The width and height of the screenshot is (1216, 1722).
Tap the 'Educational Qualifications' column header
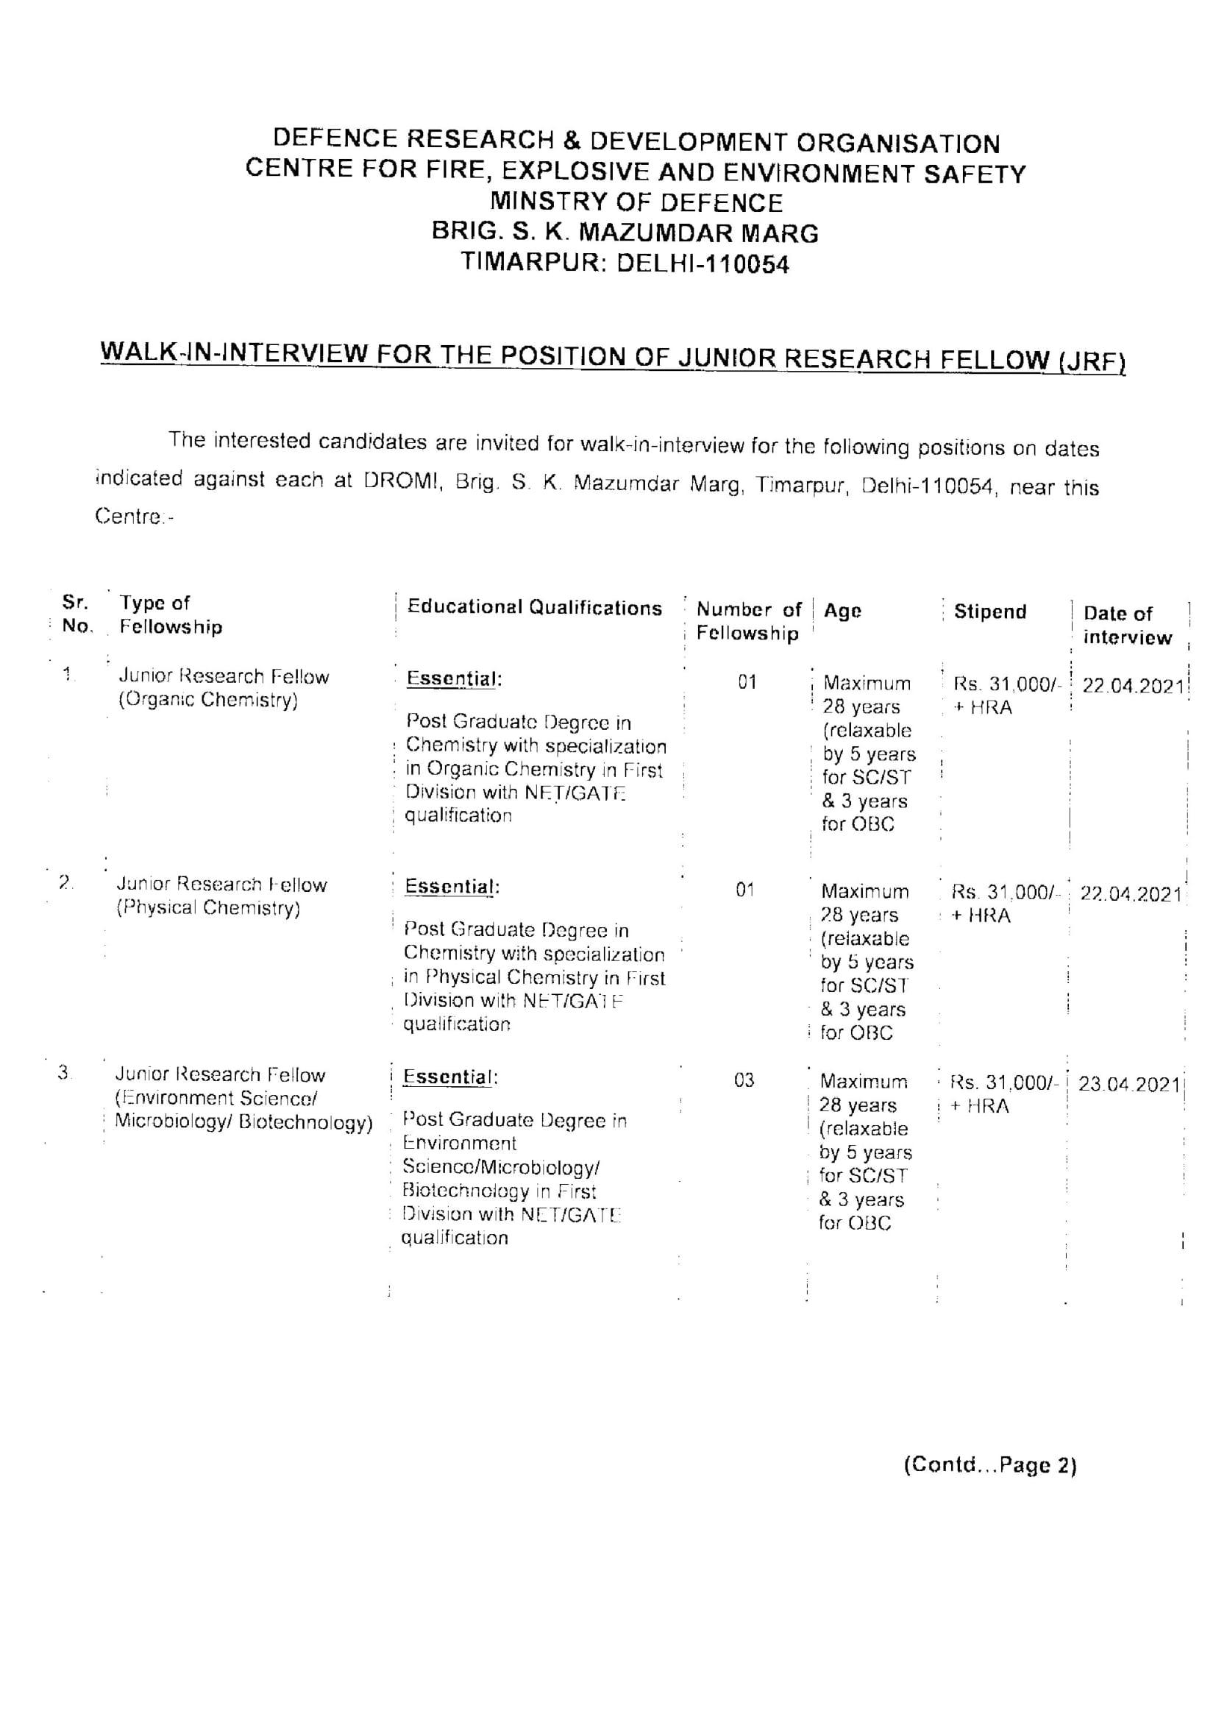coord(535,608)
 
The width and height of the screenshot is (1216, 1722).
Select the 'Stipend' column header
coord(989,612)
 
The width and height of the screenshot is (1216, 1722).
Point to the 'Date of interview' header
coord(1126,625)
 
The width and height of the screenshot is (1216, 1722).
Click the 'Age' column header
coord(842,611)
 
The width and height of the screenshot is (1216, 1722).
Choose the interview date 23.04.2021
coord(1129,1085)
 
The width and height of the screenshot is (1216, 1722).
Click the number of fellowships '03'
coord(744,1080)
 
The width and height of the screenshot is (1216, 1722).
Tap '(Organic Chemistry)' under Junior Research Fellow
coord(207,700)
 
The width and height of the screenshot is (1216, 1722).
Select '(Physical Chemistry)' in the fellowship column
coord(207,908)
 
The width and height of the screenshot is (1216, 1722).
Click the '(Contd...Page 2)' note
coord(989,1464)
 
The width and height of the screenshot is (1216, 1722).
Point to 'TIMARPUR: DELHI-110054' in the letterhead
coord(625,263)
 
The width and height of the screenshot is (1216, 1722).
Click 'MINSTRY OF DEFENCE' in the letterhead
coord(636,202)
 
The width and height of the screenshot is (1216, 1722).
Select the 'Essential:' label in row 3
coord(450,1077)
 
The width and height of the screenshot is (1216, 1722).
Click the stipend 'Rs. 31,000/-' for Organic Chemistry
coord(1007,684)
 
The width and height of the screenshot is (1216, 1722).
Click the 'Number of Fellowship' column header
coord(748,621)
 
